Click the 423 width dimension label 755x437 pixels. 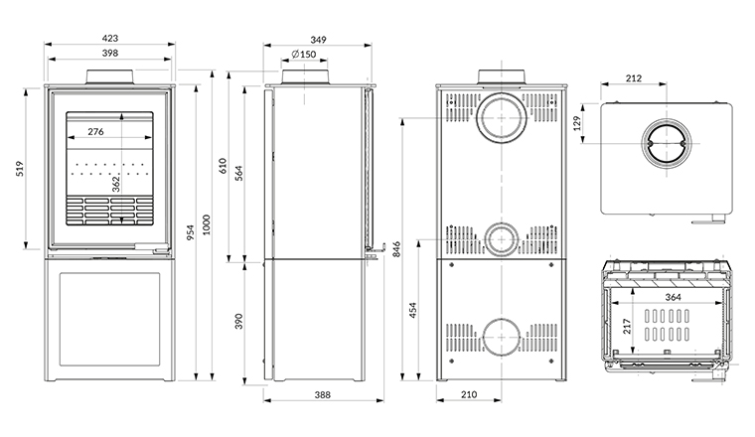109,39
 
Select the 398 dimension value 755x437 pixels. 109,54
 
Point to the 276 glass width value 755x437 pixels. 96,132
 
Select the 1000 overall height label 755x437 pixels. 207,225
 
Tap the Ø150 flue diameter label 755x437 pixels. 304,54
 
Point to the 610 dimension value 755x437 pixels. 223,165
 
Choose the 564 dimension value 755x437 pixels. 239,171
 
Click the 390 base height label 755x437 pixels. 239,322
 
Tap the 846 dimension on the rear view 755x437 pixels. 395,247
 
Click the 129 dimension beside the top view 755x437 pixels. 576,123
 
